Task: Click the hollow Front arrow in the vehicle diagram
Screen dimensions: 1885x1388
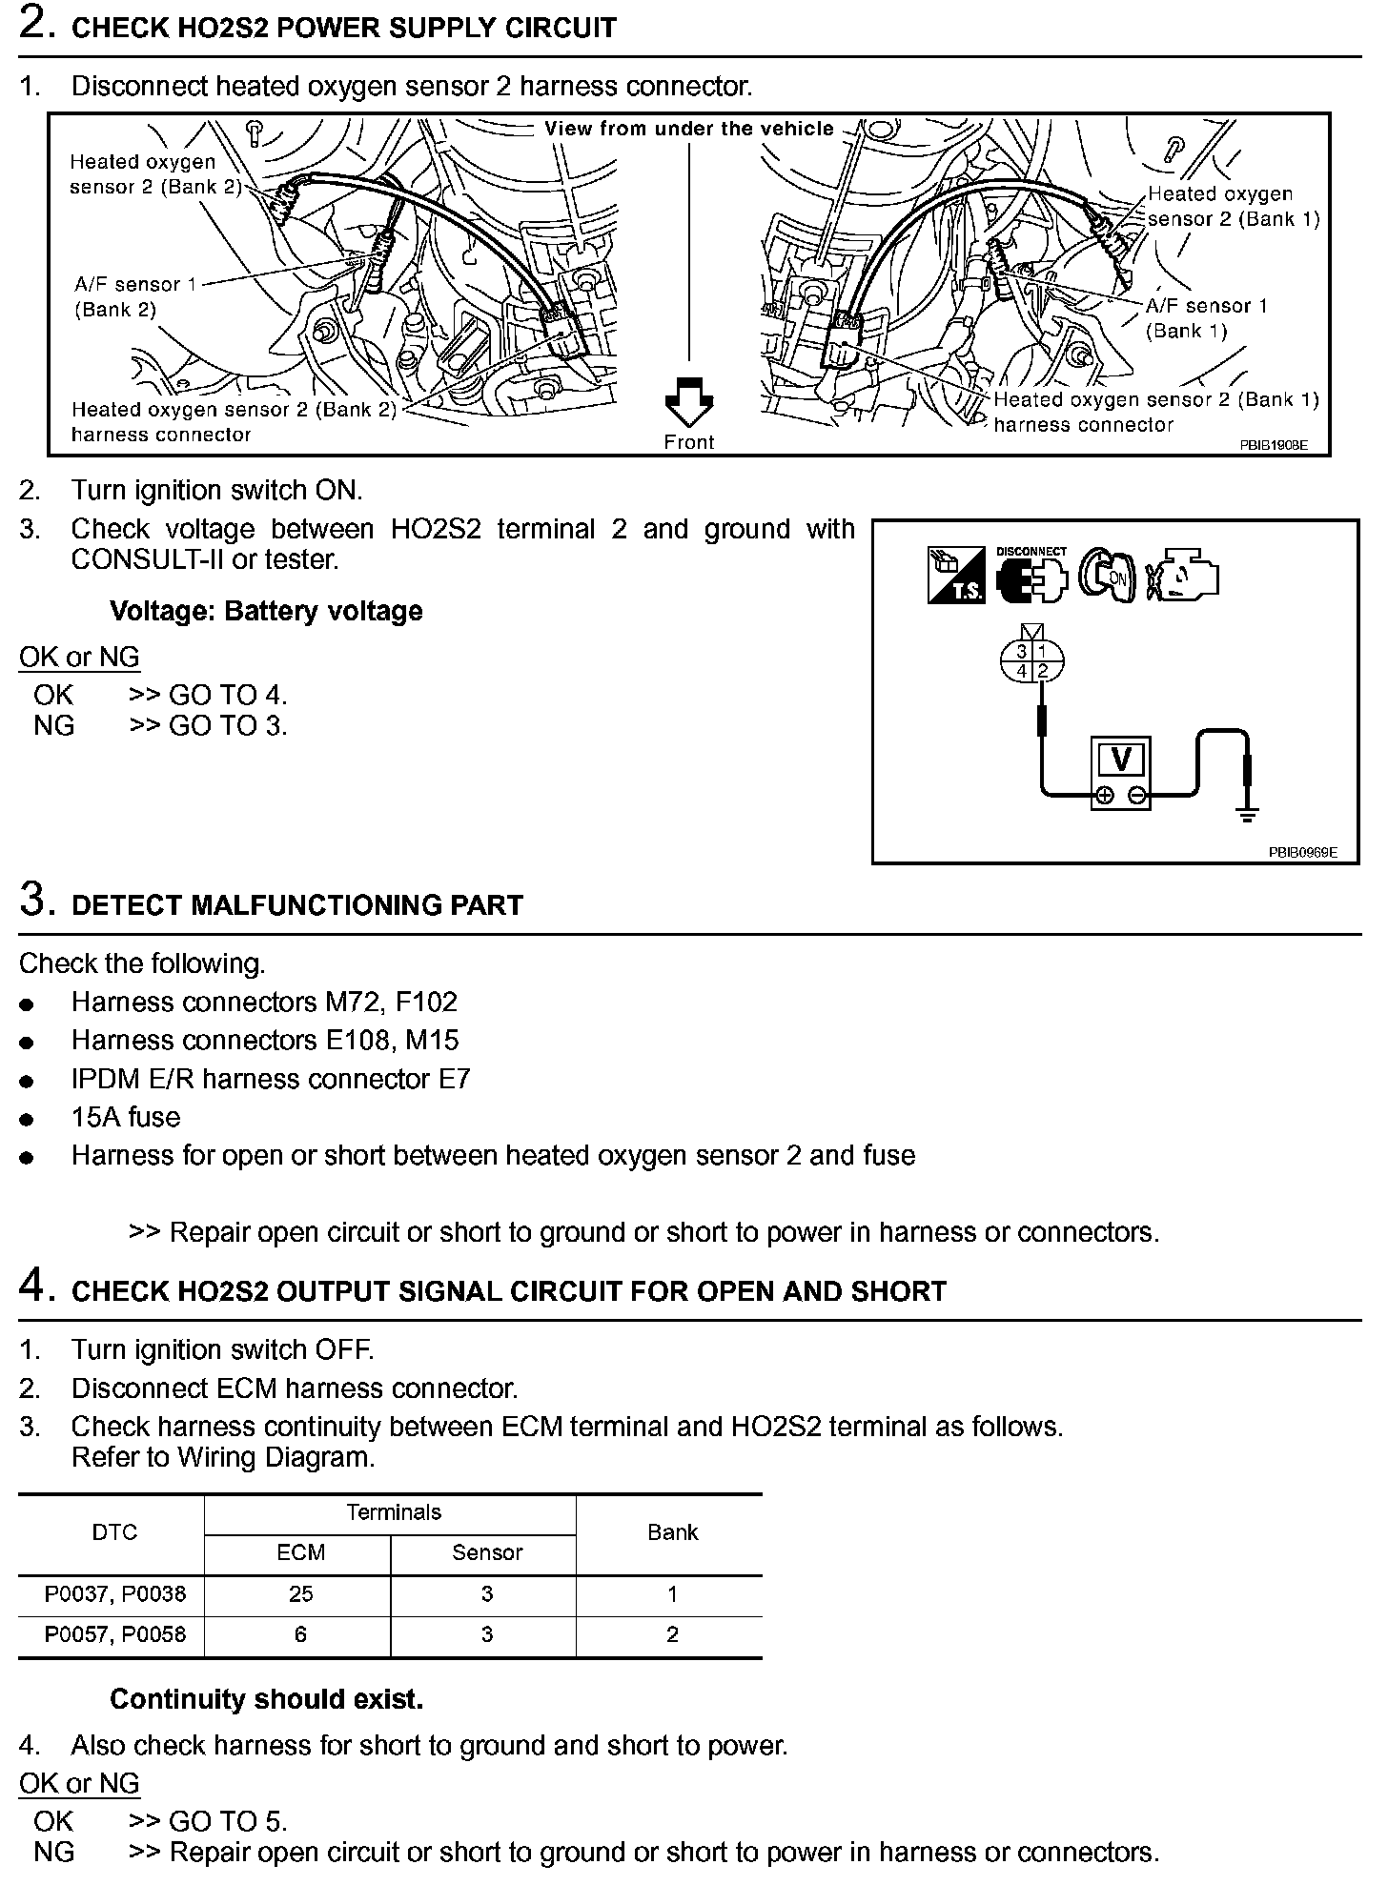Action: tap(688, 402)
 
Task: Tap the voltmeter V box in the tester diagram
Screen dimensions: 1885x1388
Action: tap(1121, 760)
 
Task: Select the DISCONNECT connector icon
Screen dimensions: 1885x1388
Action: tap(1031, 577)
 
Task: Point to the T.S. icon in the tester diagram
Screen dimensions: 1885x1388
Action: tap(956, 575)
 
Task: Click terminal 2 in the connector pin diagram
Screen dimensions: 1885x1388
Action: tap(1043, 671)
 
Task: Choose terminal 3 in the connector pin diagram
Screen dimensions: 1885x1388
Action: tap(1022, 652)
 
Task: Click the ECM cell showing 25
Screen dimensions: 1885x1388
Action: tap(300, 1593)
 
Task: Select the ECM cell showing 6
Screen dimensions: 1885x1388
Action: tap(300, 1634)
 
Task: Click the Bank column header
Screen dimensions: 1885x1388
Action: tap(672, 1532)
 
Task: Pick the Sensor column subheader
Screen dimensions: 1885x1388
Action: tap(486, 1552)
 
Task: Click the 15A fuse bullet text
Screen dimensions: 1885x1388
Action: tap(126, 1117)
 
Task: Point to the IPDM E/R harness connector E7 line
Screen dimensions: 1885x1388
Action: tap(271, 1079)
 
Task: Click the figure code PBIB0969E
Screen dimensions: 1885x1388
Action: tap(1302, 852)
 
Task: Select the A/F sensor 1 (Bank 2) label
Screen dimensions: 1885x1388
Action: tap(128, 296)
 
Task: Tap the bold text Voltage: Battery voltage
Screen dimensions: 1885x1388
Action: tap(266, 611)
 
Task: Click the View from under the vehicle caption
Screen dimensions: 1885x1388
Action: tap(689, 129)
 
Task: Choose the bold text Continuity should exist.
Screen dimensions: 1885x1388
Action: tap(266, 1699)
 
